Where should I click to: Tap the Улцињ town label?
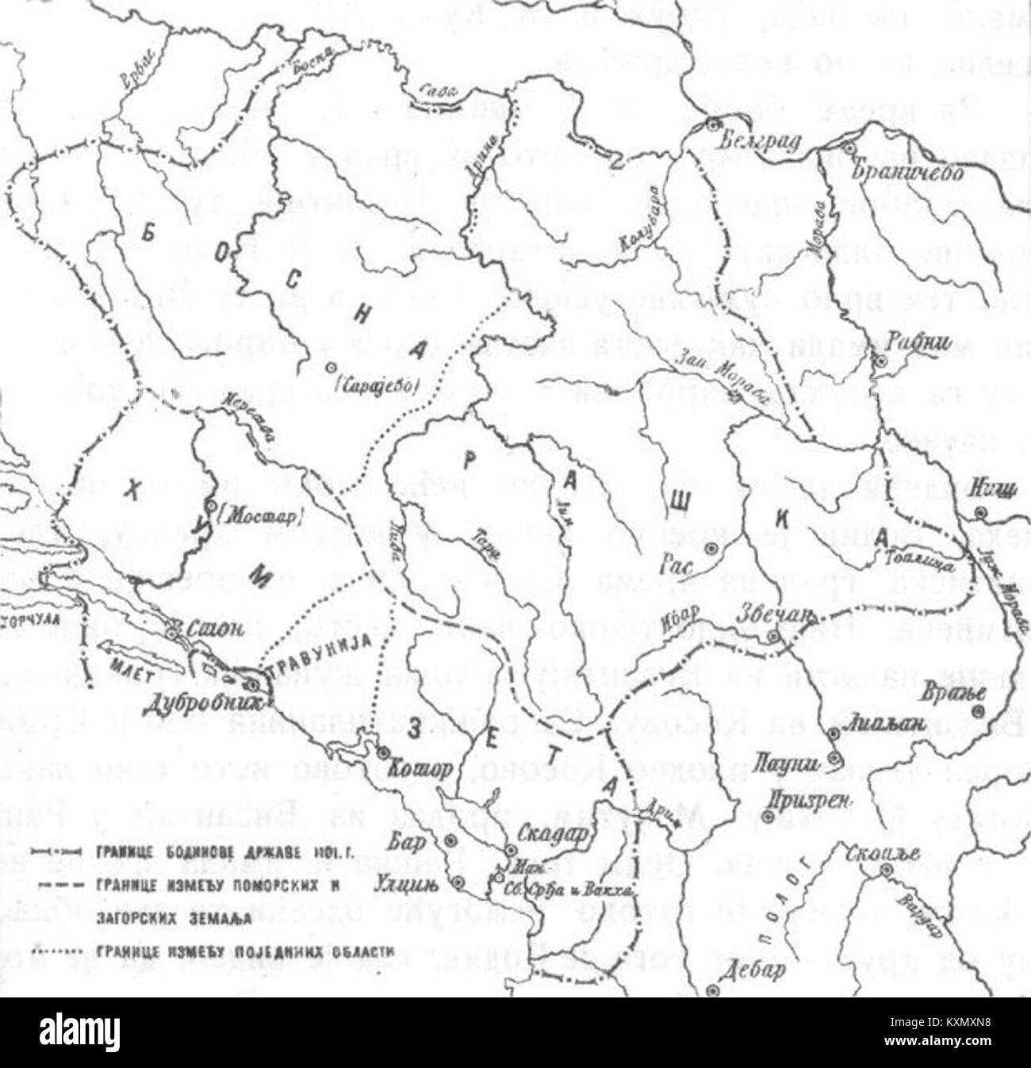click(x=413, y=882)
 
